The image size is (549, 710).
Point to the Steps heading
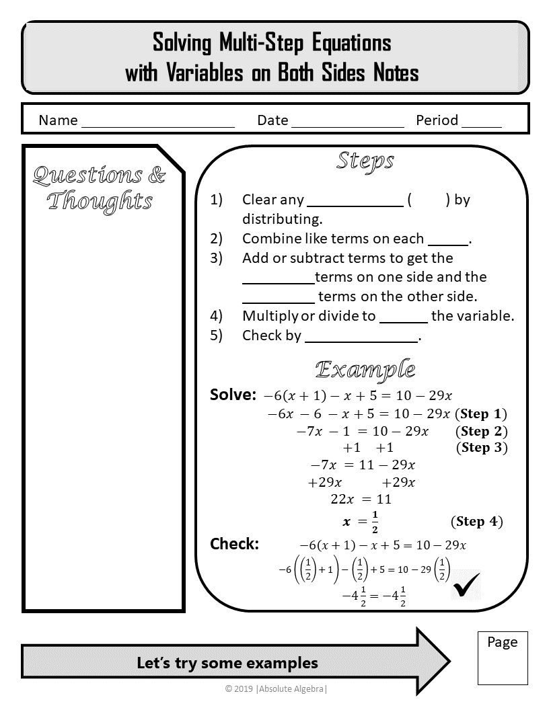[x=365, y=161]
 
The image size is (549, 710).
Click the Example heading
[x=365, y=369]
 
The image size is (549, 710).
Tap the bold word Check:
[x=234, y=544]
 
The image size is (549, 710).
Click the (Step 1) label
[x=481, y=413]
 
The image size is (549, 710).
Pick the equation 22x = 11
[x=361, y=499]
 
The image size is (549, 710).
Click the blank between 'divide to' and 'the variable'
[x=404, y=317]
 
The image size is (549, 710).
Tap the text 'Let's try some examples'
[x=227, y=663]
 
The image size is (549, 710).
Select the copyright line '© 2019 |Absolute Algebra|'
[x=277, y=688]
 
